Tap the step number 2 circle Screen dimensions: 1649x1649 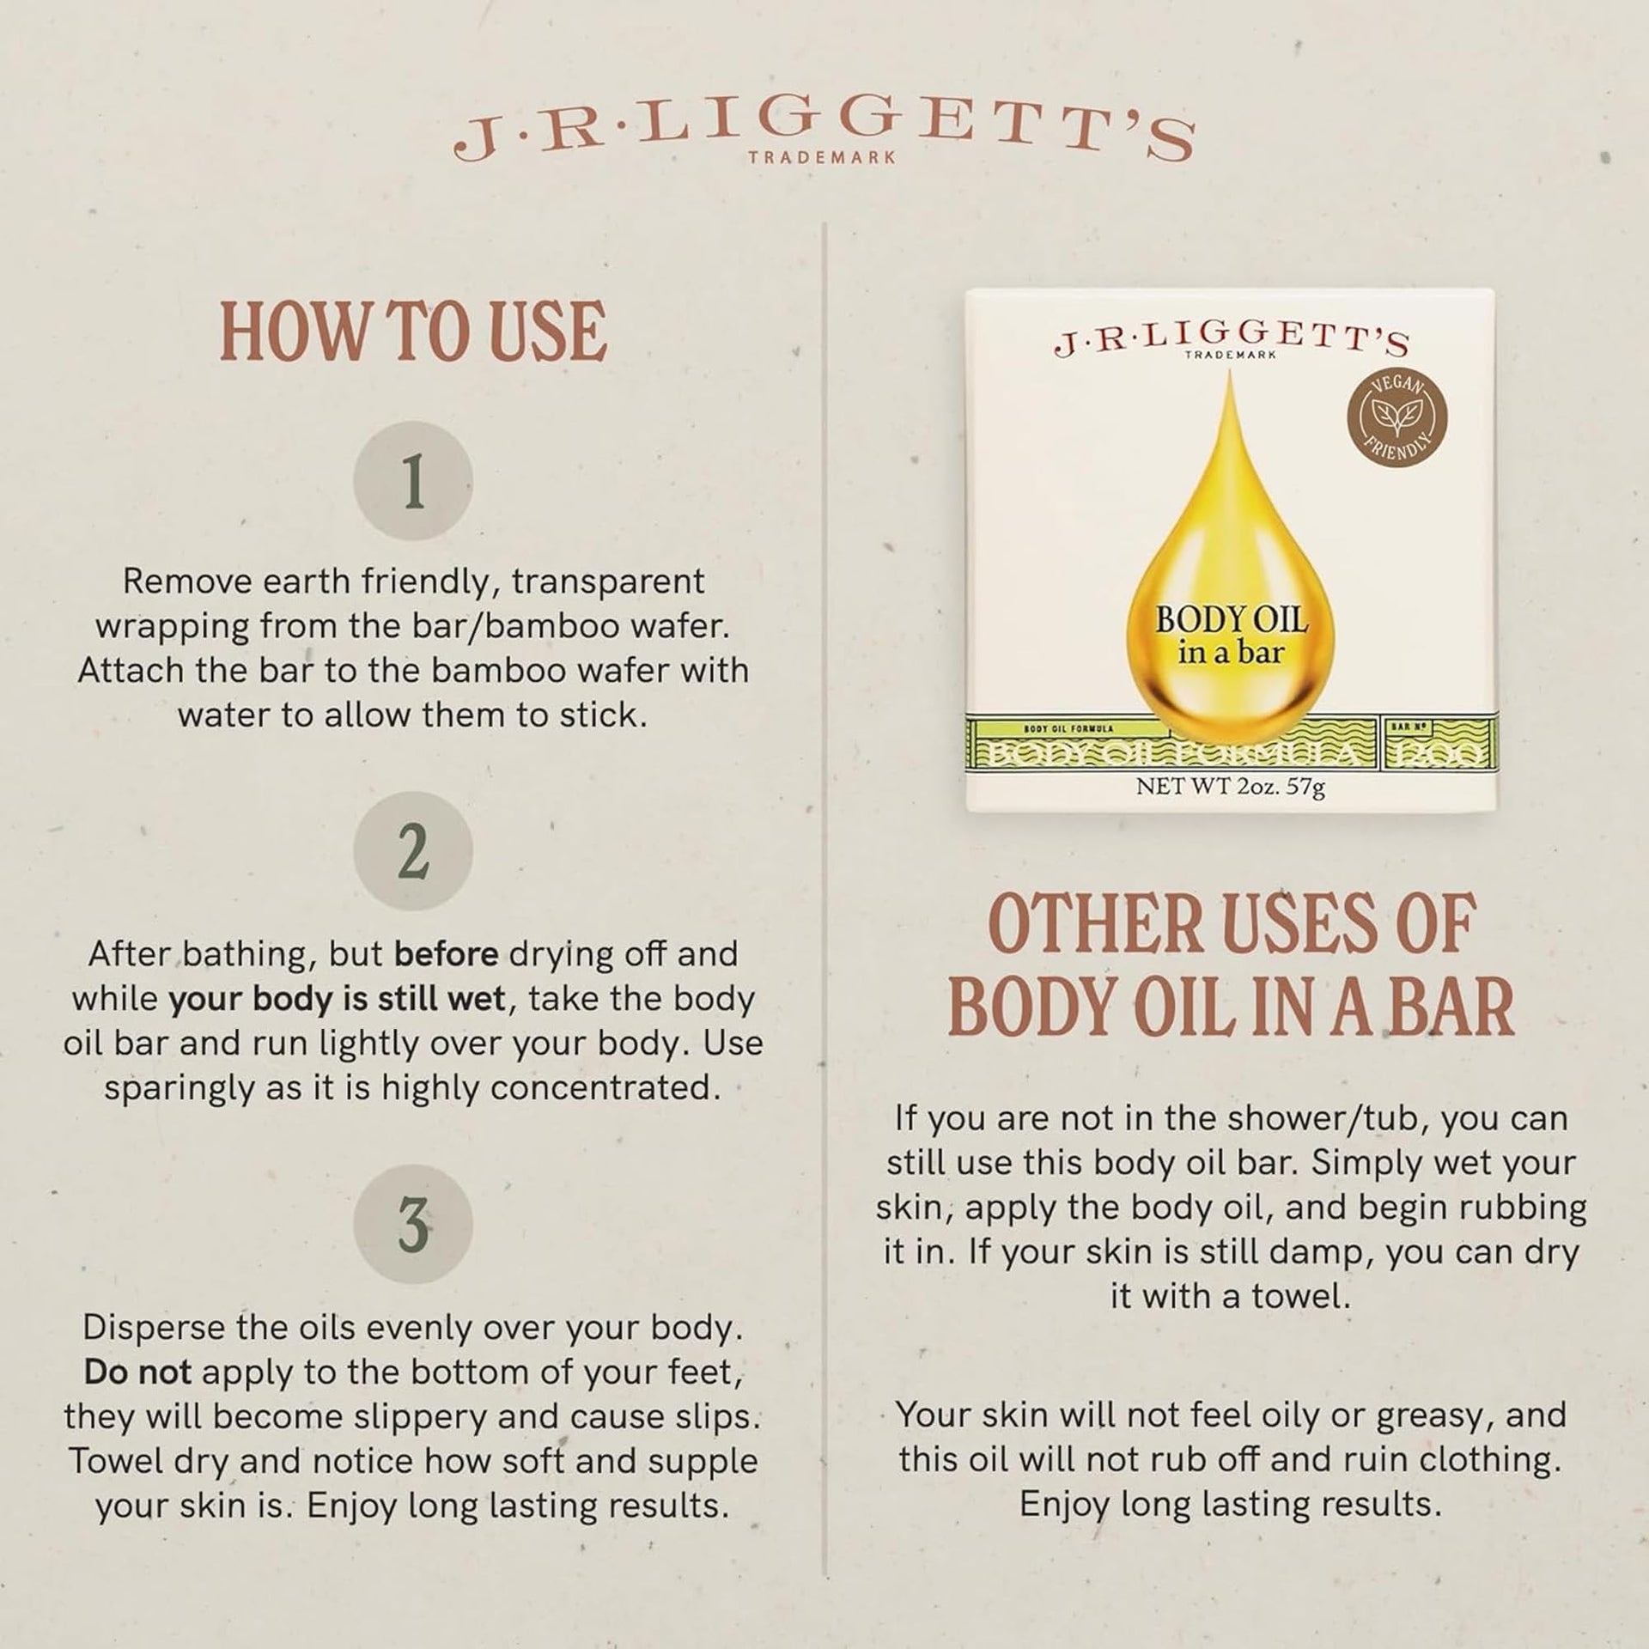point(413,850)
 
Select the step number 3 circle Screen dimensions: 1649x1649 point(413,1224)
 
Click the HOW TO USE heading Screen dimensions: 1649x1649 point(414,332)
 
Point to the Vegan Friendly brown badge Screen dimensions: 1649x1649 point(1396,419)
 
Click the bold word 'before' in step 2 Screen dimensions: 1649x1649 point(446,953)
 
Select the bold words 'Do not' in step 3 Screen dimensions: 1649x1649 point(137,1372)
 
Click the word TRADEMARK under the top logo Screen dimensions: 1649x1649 point(822,158)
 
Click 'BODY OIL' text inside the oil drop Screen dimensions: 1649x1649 point(1231,620)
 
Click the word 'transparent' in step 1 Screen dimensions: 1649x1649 point(608,581)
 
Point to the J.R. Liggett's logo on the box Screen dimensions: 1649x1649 point(1231,341)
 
